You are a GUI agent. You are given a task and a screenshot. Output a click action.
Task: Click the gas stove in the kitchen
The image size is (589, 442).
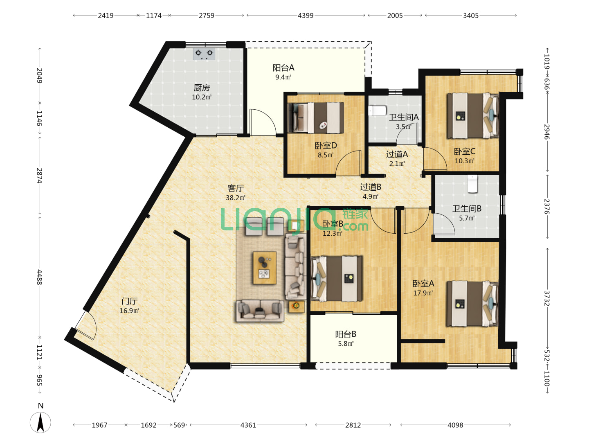pos(204,54)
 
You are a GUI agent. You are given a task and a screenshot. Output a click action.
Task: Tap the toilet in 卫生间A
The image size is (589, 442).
pos(377,110)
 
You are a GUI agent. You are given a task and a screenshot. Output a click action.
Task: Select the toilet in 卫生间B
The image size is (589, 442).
pos(472,184)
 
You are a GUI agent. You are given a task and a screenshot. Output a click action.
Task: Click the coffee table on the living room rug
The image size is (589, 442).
pos(265,268)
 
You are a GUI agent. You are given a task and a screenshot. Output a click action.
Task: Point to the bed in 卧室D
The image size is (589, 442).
pos(316,117)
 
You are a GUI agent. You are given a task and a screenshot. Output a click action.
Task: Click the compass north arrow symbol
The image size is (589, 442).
pos(40,422)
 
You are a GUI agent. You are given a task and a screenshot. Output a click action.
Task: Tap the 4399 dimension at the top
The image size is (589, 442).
pos(306,16)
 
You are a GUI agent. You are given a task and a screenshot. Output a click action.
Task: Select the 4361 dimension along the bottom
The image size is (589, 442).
pos(248,425)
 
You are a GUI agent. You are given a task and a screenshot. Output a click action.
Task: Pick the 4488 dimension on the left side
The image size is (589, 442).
pos(39,277)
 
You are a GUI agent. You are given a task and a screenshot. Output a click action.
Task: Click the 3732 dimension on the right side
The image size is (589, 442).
pos(547,298)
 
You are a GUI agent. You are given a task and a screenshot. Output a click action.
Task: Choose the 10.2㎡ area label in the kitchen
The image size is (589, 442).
pos(202,97)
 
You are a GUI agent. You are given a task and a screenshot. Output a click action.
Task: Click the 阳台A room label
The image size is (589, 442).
pos(283,68)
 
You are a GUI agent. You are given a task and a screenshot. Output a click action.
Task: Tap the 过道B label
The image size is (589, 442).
pos(371,187)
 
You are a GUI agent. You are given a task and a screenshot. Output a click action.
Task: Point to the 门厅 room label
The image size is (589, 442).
pos(129,301)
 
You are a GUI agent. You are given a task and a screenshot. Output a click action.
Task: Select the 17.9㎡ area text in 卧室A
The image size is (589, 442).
pos(423,293)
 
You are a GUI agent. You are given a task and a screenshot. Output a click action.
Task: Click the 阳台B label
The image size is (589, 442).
pos(346,334)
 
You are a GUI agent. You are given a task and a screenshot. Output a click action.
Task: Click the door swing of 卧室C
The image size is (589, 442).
pos(435,159)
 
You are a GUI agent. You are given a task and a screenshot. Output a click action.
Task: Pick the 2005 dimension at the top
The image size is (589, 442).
pos(395,16)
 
